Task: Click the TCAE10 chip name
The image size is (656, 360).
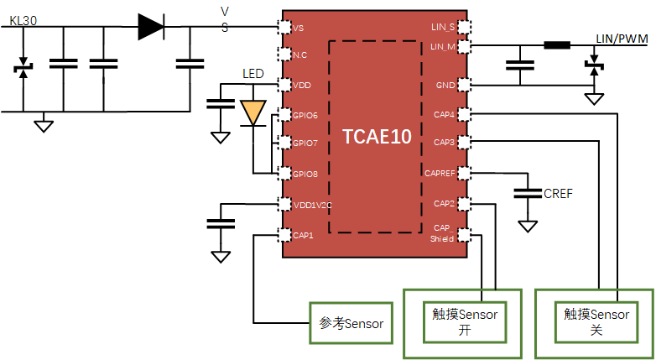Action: coord(377,137)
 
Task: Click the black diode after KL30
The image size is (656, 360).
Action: coord(151,27)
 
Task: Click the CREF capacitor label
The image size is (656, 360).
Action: coord(558,194)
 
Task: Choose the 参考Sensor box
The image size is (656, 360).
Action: coord(351,322)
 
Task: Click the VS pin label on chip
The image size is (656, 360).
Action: coord(299,28)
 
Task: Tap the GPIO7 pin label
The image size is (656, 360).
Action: coord(305,143)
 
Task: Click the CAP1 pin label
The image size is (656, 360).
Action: coord(302,235)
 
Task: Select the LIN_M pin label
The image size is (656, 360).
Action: coord(442,46)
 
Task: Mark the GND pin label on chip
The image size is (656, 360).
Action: coord(445,86)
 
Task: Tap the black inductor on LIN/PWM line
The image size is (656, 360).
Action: coord(556,45)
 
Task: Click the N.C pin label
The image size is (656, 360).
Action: coord(299,55)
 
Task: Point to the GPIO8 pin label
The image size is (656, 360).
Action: coord(305,174)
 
